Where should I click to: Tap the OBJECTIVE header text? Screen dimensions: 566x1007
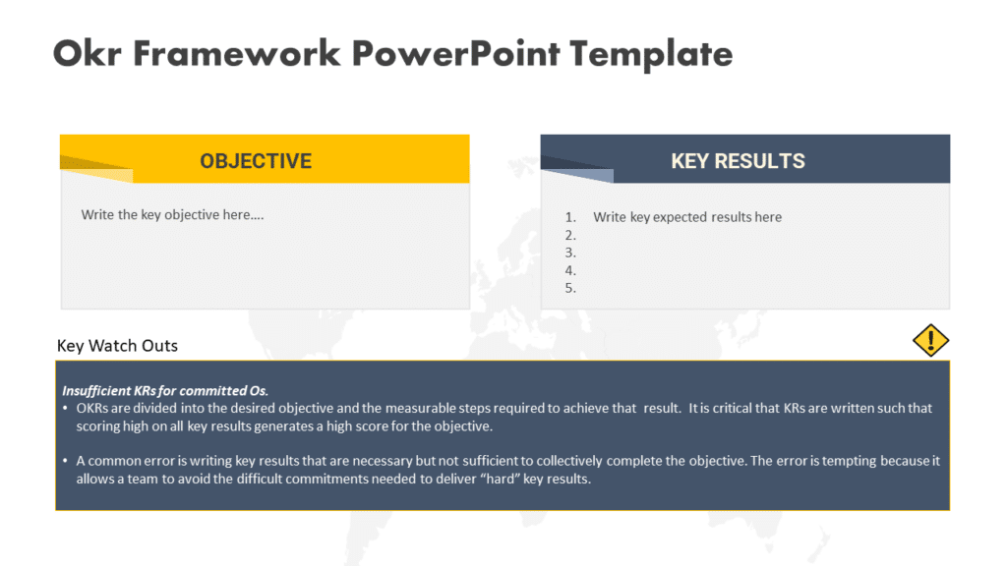point(256,161)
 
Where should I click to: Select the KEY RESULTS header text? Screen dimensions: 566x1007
point(738,161)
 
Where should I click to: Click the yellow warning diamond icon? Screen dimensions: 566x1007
point(930,340)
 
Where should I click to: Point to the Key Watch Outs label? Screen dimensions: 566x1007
point(118,346)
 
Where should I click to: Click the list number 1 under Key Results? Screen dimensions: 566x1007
point(569,217)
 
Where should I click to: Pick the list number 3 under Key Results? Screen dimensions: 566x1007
point(569,253)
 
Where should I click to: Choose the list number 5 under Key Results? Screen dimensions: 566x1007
point(569,288)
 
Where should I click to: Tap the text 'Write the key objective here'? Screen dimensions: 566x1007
point(172,214)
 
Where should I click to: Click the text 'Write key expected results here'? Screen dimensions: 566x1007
point(687,217)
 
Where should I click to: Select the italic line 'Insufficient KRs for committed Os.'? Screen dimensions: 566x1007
point(165,390)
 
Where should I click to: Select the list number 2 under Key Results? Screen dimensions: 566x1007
point(569,235)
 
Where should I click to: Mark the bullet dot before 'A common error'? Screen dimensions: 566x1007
point(65,461)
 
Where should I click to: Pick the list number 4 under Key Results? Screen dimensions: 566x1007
point(569,270)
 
